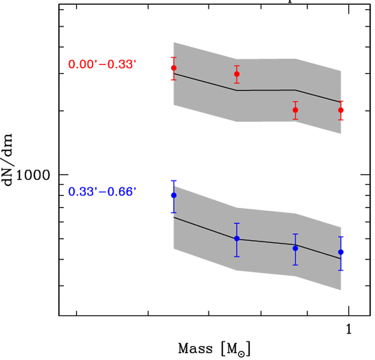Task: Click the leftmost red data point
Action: coord(174,68)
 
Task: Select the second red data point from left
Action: coord(237,74)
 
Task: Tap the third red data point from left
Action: coord(295,110)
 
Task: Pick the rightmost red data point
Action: coord(341,110)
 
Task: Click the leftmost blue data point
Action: coord(174,195)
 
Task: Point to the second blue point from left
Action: coord(237,238)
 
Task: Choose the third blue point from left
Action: coord(295,248)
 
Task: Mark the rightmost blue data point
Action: coord(341,252)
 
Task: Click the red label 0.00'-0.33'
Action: coord(102,64)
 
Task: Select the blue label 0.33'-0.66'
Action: coord(102,191)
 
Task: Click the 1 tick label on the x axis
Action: coord(349,330)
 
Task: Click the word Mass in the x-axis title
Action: coord(195,349)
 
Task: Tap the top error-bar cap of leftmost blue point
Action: coord(174,180)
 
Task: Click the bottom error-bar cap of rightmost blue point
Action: coord(341,270)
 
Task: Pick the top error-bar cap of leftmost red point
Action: coord(174,57)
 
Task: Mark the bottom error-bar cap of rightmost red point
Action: coord(341,120)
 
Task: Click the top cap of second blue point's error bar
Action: coord(237,223)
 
